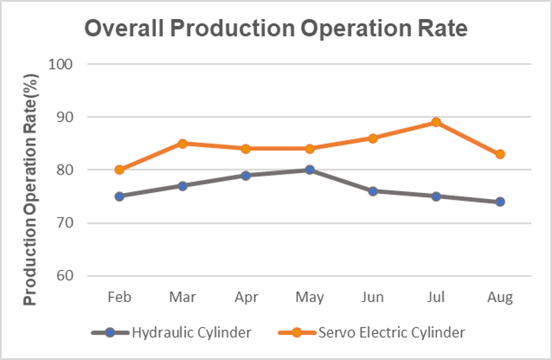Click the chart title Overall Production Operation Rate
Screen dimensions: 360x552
pos(275,29)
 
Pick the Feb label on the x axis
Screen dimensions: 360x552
pos(119,297)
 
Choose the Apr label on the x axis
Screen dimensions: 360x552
pos(246,297)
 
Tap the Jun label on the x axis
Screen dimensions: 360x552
pos(373,297)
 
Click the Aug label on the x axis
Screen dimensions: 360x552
pos(500,297)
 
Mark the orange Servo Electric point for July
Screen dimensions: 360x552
pos(436,122)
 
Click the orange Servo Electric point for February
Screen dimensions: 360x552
pos(119,170)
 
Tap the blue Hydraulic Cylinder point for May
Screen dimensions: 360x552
pos(309,170)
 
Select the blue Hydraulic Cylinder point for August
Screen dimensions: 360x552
pos(500,202)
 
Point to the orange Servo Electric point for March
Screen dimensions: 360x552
pos(183,143)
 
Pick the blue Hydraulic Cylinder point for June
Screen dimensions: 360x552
pos(373,191)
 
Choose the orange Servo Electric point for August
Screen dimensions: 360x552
pos(500,154)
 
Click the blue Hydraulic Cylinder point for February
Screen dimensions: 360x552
pos(119,196)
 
